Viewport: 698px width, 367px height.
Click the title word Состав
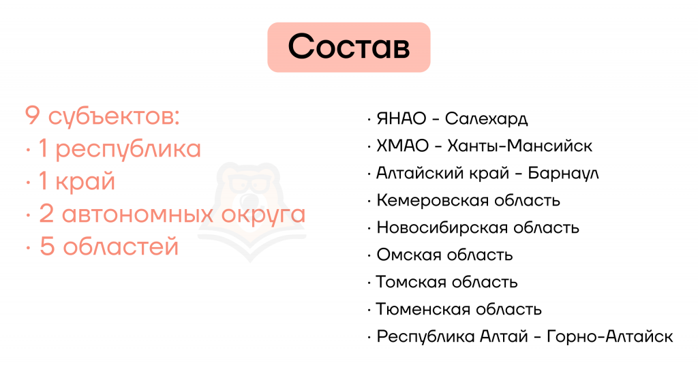pos(348,47)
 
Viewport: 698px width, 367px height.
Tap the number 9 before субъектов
pos(33,116)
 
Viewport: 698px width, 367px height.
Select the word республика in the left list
pos(128,150)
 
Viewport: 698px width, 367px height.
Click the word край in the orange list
pos(85,182)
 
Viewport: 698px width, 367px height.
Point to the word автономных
pos(138,214)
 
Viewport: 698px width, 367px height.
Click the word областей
pos(121,246)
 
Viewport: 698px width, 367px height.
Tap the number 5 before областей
pos(47,246)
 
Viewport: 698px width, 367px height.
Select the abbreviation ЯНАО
pos(401,118)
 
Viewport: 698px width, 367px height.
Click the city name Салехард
pos(486,118)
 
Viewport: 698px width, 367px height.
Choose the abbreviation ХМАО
pos(402,146)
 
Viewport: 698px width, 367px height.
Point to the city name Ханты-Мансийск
pos(519,146)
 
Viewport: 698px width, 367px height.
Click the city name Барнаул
pos(563,173)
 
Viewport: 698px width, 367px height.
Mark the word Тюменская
pos(421,309)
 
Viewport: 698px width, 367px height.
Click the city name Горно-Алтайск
pos(609,336)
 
